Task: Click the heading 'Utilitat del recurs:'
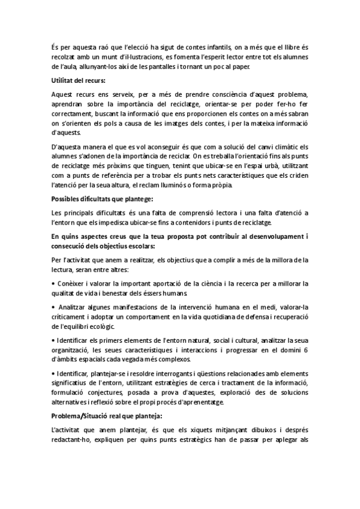coord(79,80)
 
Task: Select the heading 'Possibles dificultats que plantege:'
coord(103,198)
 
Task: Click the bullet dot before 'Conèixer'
coord(54,267)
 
